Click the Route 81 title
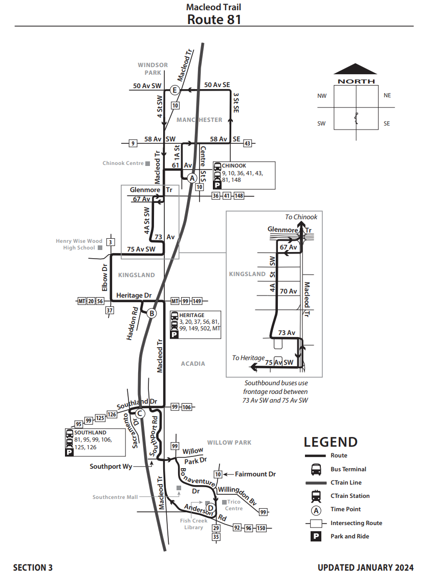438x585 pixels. (214, 19)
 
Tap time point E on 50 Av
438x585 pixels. (174, 91)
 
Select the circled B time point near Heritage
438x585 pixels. (151, 314)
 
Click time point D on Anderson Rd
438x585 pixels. (210, 508)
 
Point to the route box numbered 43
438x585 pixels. (248, 143)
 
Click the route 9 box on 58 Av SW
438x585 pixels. (133, 143)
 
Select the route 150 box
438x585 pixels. (261, 528)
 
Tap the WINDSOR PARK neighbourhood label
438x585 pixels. (152, 69)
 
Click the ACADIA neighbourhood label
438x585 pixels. (193, 364)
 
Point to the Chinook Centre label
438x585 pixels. (123, 163)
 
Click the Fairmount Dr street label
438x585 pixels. (255, 474)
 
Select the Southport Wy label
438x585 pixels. (111, 467)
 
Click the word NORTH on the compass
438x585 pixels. (356, 81)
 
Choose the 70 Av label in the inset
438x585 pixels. (289, 291)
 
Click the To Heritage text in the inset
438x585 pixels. (249, 358)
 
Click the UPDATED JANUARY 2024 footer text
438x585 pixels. (365, 568)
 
